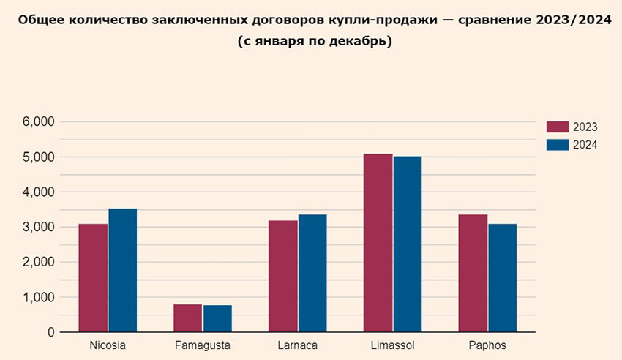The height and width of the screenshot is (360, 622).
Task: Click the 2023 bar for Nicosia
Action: [x=93, y=278]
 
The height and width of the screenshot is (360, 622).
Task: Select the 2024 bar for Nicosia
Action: [x=123, y=270]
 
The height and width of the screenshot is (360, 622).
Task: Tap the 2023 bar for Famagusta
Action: [x=188, y=318]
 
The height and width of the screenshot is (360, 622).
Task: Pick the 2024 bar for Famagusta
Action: [x=217, y=319]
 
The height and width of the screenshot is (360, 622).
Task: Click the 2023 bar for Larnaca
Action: [x=282, y=276]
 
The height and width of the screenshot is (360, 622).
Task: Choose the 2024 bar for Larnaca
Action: [x=312, y=273]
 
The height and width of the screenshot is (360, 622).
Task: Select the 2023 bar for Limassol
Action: [x=378, y=243]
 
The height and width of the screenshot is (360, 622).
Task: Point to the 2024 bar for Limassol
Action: [x=407, y=244]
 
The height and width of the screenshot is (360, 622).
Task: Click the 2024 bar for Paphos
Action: [x=503, y=278]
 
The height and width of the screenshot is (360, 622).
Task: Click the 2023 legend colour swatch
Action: [x=558, y=127]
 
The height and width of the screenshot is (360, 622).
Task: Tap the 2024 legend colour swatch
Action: [x=558, y=144]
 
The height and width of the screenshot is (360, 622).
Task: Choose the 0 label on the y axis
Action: [x=51, y=332]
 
